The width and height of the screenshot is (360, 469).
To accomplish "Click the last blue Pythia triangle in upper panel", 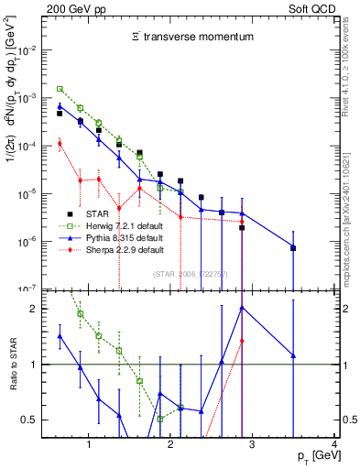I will pos(293,247).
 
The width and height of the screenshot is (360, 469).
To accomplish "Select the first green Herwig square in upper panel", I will pos(60,89).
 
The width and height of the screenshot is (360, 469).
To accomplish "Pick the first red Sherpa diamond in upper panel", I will pos(60,143).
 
